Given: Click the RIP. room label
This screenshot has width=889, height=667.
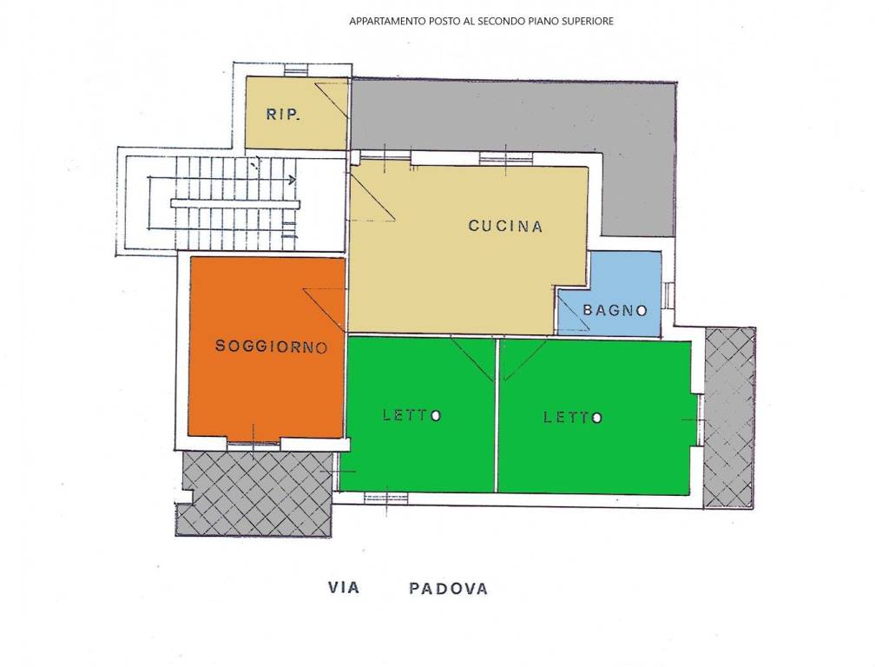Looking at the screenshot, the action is click(283, 116).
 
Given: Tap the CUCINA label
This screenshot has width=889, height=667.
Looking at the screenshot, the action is click(505, 227).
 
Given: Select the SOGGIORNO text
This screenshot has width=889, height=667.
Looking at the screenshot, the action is click(272, 346).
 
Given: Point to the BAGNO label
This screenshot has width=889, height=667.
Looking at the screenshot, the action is click(616, 310).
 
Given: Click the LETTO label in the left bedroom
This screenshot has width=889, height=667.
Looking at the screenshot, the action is click(412, 415).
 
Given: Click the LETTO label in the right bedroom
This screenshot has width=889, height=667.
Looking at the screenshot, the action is click(573, 418).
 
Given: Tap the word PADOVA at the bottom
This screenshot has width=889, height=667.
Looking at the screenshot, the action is click(449, 589).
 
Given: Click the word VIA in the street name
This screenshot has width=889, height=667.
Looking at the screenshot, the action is click(344, 588).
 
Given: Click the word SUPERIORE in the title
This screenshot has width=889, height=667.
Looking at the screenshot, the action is click(589, 22).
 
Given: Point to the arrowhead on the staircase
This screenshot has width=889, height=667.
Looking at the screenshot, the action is click(292, 180).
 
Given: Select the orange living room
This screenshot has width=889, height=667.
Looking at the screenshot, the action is click(267, 347).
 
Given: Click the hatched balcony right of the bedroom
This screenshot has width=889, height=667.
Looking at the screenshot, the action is click(729, 418).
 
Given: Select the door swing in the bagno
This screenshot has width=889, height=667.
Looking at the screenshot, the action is click(574, 313).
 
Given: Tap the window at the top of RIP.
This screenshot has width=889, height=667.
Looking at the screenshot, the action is click(295, 71).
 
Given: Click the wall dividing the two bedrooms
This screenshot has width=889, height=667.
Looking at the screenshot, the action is click(497, 415).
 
